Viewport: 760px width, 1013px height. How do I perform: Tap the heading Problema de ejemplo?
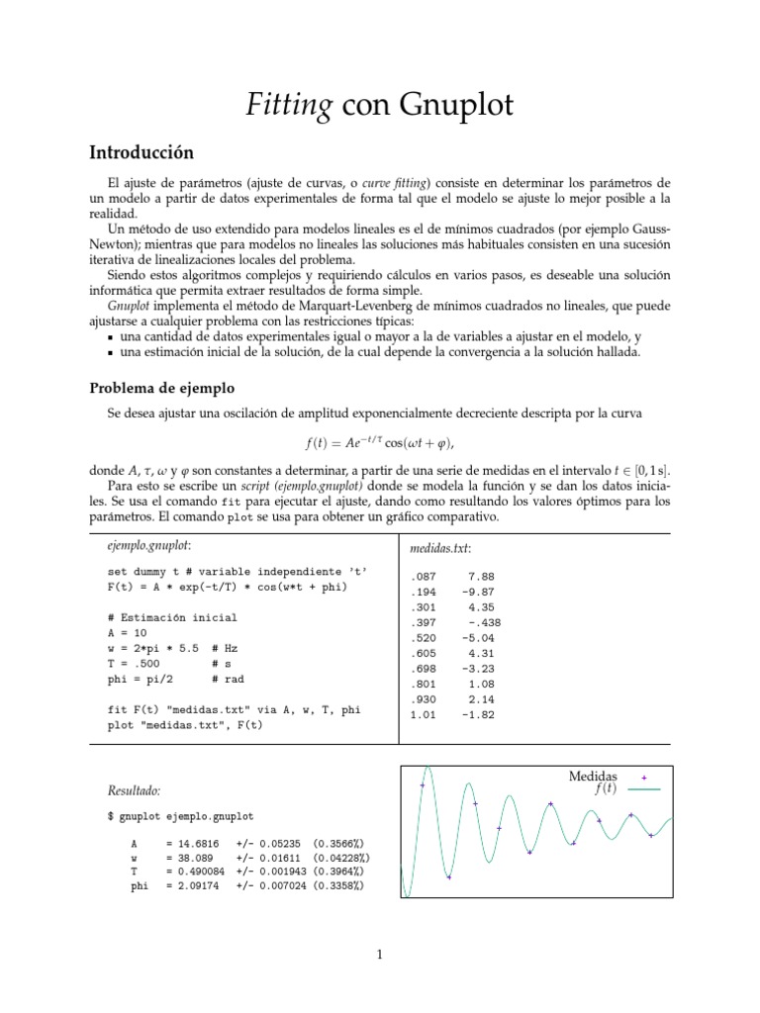[162, 387]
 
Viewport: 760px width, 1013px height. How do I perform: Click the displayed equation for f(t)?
[379, 442]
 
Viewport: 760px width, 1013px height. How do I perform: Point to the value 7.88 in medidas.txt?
[481, 575]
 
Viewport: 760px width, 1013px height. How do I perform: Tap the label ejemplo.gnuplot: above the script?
[148, 545]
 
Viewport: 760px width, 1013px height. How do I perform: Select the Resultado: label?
[133, 790]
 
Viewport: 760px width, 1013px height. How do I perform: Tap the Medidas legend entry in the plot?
[593, 777]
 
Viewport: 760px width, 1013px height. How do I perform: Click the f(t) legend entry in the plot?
[606, 789]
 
